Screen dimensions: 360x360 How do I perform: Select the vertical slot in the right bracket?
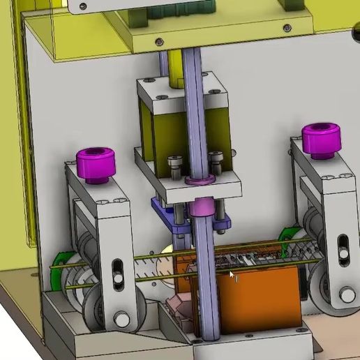point(342,248)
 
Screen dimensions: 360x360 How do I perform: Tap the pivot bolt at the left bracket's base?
point(122,320)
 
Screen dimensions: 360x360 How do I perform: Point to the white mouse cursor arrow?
point(232,275)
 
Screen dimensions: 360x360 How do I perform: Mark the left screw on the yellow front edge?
point(160,40)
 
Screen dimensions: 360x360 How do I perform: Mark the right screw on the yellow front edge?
point(286,27)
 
